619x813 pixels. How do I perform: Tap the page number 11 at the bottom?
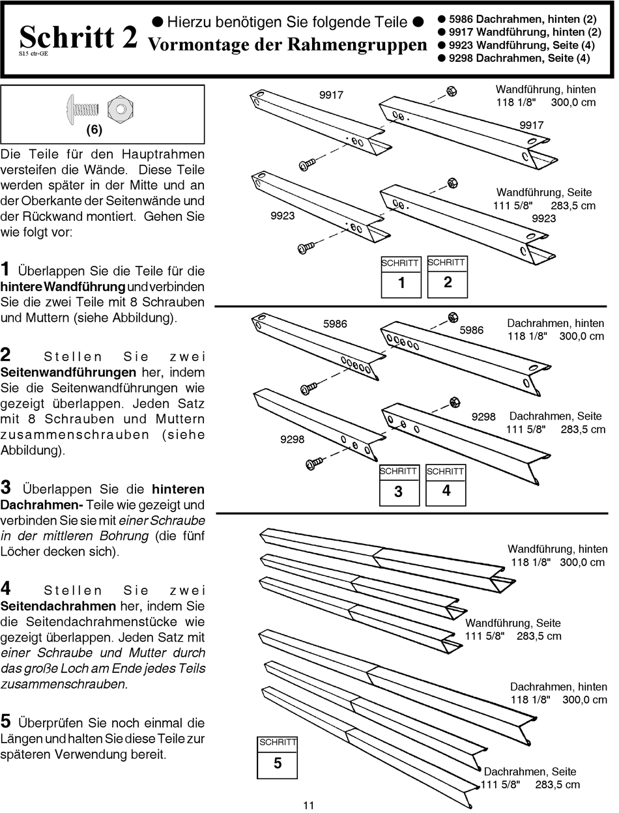coord(309,805)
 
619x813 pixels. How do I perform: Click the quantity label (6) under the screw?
coord(94,130)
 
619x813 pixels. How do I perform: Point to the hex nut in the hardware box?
coord(117,108)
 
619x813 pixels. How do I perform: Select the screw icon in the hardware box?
coord(81,107)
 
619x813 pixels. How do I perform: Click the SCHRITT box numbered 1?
coord(401,277)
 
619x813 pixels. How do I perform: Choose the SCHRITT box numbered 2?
coord(447,277)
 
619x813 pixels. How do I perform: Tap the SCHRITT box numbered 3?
coord(399,485)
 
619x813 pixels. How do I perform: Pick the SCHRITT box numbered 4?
coord(446,485)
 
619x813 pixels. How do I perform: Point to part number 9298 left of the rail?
coord(292,439)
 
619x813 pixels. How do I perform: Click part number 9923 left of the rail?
coord(282,216)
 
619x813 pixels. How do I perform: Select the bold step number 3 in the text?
coord(6,487)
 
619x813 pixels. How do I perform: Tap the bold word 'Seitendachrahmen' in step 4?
coord(58,606)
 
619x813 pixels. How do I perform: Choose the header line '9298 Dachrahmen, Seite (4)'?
coord(519,58)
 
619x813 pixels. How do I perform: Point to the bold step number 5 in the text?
coord(6,722)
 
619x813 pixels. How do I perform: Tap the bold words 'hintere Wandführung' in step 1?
coord(63,287)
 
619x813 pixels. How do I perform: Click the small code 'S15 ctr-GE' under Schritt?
coord(33,54)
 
